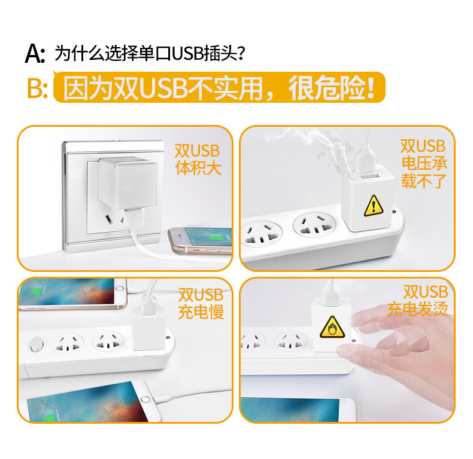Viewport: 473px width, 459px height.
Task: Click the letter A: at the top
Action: pos(35,54)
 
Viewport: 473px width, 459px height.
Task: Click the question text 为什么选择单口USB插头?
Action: pos(149,54)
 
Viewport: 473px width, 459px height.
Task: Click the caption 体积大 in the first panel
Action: pos(198,167)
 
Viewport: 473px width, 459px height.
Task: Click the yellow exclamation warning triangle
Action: pos(374,205)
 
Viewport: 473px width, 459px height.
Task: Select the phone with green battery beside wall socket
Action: pos(201,240)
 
